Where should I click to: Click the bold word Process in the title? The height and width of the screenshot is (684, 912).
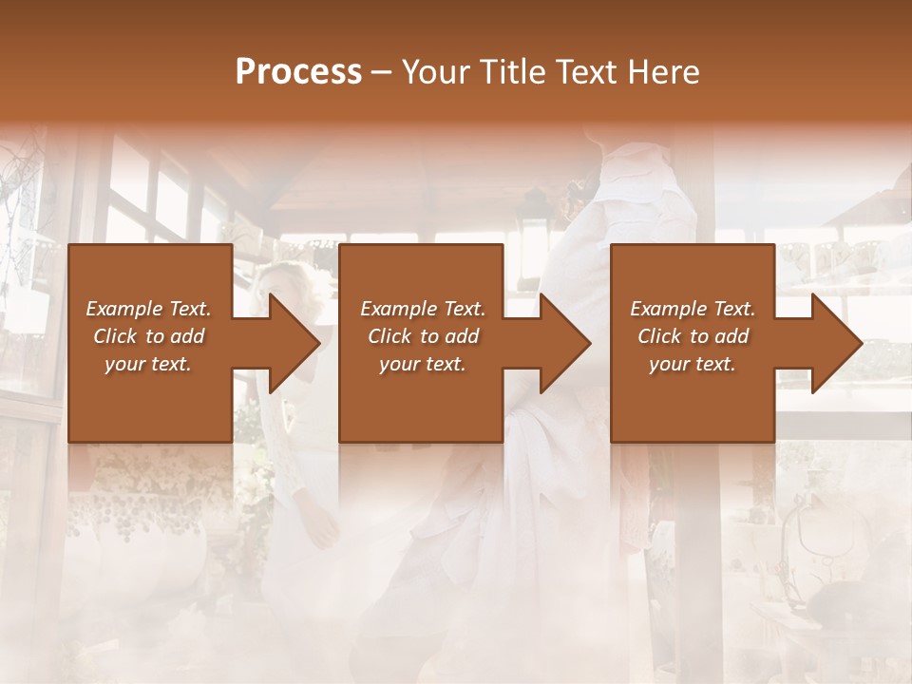tap(298, 72)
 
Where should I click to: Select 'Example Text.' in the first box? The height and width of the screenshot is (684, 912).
tap(148, 309)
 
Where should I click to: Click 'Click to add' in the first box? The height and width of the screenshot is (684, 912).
tap(148, 336)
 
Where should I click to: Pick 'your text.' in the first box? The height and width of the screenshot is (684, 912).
tap(148, 364)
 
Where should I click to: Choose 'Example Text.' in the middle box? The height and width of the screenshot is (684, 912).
tap(423, 309)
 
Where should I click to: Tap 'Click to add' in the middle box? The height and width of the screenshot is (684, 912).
tap(423, 336)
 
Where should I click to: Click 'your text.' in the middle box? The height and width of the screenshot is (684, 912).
tap(423, 364)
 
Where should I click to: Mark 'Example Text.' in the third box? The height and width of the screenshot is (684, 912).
tap(693, 309)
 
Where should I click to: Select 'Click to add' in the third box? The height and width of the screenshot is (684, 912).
tap(693, 336)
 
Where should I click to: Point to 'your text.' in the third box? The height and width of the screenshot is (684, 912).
tap(693, 364)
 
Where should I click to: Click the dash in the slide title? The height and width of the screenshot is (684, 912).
tap(382, 72)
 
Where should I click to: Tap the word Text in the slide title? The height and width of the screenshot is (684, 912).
tap(586, 72)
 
